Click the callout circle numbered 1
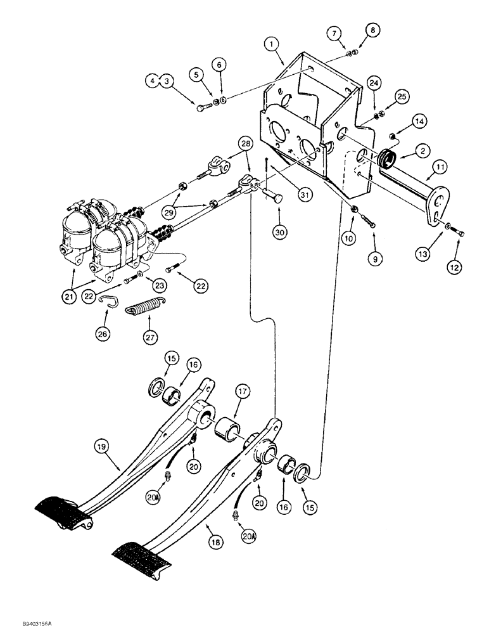272,44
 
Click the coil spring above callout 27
148,309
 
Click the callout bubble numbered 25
400,96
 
